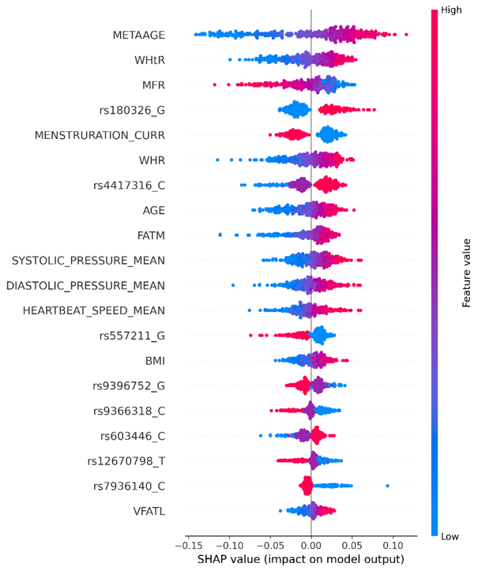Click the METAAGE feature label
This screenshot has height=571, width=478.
click(139, 35)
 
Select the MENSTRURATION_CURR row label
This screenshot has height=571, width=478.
click(100, 136)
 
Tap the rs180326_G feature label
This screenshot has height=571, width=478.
click(132, 111)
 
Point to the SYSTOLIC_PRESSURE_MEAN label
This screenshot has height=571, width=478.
click(88, 261)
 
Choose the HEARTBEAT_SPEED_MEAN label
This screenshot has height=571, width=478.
click(94, 310)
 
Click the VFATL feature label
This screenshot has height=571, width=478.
click(149, 511)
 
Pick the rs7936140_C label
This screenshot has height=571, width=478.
click(130, 486)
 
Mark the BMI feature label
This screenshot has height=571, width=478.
click(155, 361)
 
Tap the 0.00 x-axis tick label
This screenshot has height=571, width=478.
click(311, 546)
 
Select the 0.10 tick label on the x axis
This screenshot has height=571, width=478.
click(393, 546)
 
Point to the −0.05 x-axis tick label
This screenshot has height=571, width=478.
click(270, 546)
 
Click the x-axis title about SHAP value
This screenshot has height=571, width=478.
click(301, 559)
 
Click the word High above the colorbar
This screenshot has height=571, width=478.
click(451, 9)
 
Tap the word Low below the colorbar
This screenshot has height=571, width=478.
click(450, 536)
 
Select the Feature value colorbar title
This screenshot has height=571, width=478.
click(466, 273)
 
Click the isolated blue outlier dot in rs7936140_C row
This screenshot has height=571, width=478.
click(387, 486)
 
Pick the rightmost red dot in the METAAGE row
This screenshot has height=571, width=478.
click(406, 35)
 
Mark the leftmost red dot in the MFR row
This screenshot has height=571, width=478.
click(215, 85)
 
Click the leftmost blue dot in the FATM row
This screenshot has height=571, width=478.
click(220, 235)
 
